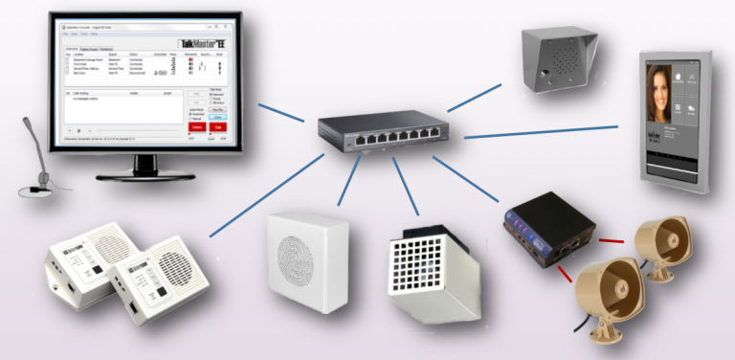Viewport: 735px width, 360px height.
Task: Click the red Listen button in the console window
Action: [x=197, y=125]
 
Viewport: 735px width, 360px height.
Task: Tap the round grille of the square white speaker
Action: [x=306, y=259]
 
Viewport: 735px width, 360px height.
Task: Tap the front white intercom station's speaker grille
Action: [x=172, y=264]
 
